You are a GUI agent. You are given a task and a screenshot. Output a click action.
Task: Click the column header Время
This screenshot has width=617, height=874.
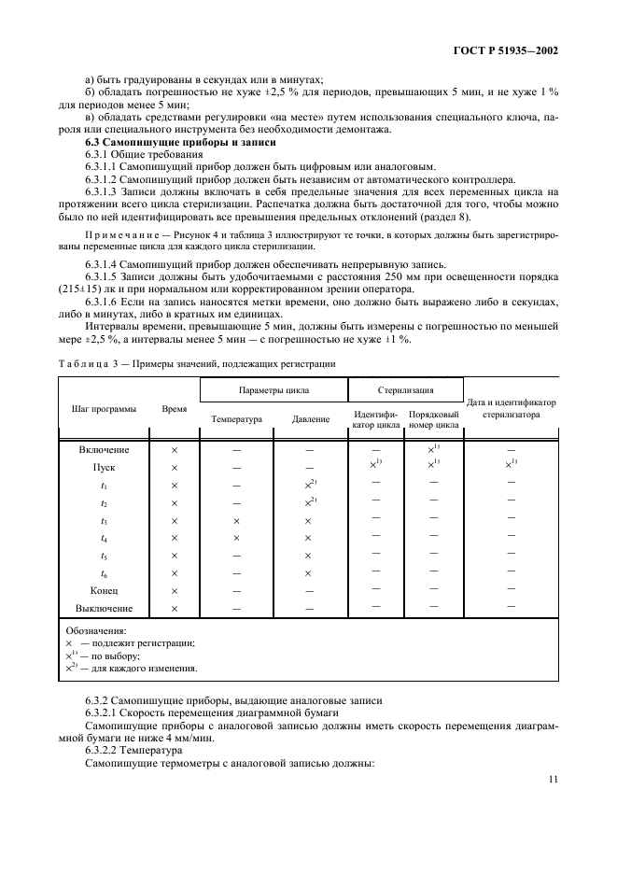pyautogui.click(x=174, y=409)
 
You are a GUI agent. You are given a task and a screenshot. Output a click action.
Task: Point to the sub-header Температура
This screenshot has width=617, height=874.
pyautogui.click(x=237, y=419)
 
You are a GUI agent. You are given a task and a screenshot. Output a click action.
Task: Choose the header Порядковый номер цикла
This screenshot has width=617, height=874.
pyautogui.click(x=434, y=419)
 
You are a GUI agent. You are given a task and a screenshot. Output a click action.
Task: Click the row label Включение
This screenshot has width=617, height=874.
pyautogui.click(x=105, y=450)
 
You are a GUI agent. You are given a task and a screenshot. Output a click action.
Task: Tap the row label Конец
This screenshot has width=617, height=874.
pyautogui.click(x=105, y=591)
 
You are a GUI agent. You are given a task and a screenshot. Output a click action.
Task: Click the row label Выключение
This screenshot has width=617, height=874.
pyautogui.click(x=105, y=609)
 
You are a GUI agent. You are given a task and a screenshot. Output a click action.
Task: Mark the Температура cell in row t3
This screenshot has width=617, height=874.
pyautogui.click(x=236, y=520)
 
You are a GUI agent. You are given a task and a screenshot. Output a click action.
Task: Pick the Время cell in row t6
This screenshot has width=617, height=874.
pyautogui.click(x=174, y=573)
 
